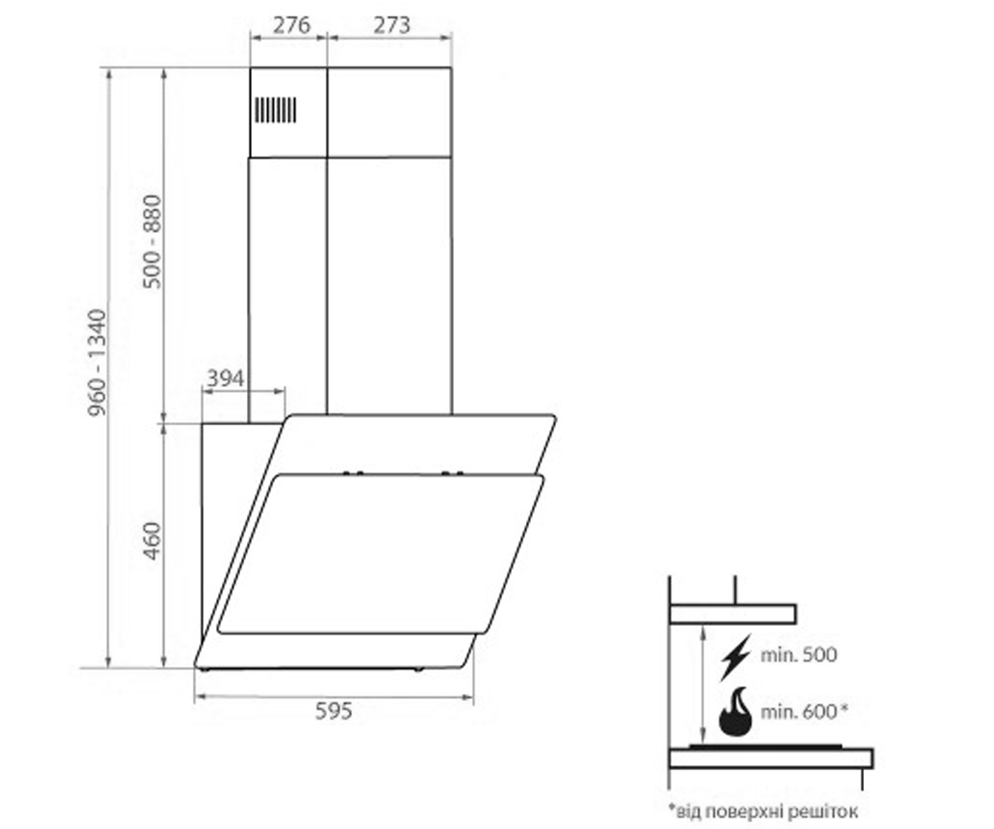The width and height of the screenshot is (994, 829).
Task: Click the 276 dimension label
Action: point(292,25)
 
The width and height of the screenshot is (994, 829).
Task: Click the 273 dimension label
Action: point(391,25)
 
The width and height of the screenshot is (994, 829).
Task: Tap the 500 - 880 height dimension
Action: point(152,241)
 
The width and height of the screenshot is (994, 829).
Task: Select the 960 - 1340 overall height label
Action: point(97,362)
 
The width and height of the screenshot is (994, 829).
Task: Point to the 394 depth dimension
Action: point(225,378)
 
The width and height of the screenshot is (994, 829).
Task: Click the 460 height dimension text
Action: point(152,541)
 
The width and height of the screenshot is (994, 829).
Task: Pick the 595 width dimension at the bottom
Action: point(334,711)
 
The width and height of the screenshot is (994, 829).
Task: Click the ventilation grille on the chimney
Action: point(275,110)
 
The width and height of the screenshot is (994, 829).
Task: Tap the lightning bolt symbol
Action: point(735,657)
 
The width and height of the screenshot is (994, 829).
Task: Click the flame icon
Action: point(736,712)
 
